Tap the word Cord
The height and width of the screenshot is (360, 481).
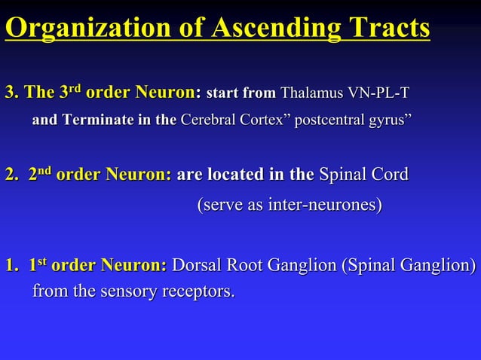coord(389,175)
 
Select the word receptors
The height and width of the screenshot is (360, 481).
coord(198,291)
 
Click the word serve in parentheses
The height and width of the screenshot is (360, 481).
coord(219,204)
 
